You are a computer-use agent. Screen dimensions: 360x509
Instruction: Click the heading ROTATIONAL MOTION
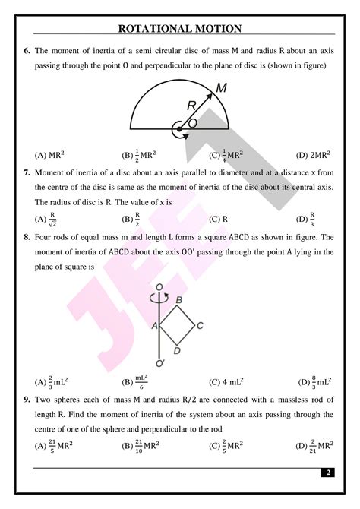(180, 29)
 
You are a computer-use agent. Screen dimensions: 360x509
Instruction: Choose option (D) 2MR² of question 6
(311, 154)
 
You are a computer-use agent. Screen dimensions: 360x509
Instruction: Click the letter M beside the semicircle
(221, 88)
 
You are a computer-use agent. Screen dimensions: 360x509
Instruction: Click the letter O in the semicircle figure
(192, 122)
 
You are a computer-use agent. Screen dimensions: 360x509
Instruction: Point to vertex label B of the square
(178, 299)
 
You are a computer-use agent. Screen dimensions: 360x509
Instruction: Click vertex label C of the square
(200, 326)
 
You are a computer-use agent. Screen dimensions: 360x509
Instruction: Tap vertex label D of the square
(177, 350)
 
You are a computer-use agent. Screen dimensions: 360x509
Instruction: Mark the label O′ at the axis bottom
(159, 363)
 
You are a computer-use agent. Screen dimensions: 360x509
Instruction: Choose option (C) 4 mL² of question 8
(226, 382)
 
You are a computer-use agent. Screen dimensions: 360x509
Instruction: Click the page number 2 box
(328, 473)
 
